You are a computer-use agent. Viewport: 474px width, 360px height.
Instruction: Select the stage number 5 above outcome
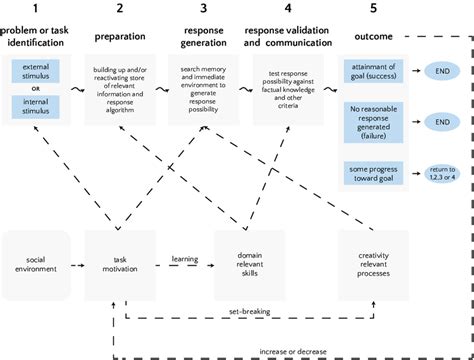pyautogui.click(x=374, y=9)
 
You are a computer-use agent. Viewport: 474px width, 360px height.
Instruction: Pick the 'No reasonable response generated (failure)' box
pyautogui.click(x=371, y=121)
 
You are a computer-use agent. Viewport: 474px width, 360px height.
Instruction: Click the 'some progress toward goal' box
pyautogui.click(x=371, y=171)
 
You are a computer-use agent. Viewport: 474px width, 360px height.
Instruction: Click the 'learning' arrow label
pyautogui.click(x=183, y=258)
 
